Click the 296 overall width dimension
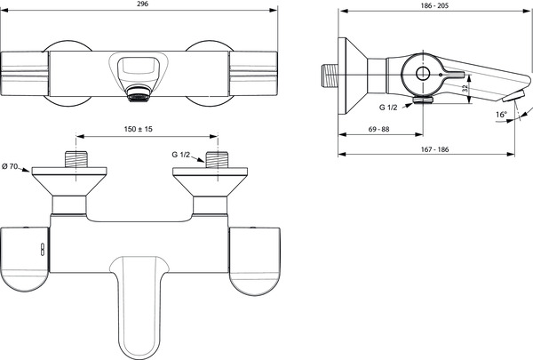click(143, 4)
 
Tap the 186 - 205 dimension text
click(434, 5)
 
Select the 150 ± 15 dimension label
click(139, 129)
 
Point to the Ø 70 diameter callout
click(10, 166)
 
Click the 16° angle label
click(501, 115)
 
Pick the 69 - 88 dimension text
click(379, 129)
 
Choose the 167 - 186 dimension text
click(434, 149)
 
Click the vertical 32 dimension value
click(465, 89)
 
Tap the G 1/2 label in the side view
click(388, 108)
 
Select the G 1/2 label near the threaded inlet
click(181, 155)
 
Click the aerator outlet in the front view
click(139, 93)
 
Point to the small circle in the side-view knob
click(423, 73)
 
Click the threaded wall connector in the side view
click(330, 75)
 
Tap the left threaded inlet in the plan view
click(76, 159)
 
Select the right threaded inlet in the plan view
click(218, 159)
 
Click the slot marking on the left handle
click(43, 250)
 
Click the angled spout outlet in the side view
click(514, 96)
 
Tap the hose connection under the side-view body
click(423, 100)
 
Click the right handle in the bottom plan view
click(255, 260)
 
